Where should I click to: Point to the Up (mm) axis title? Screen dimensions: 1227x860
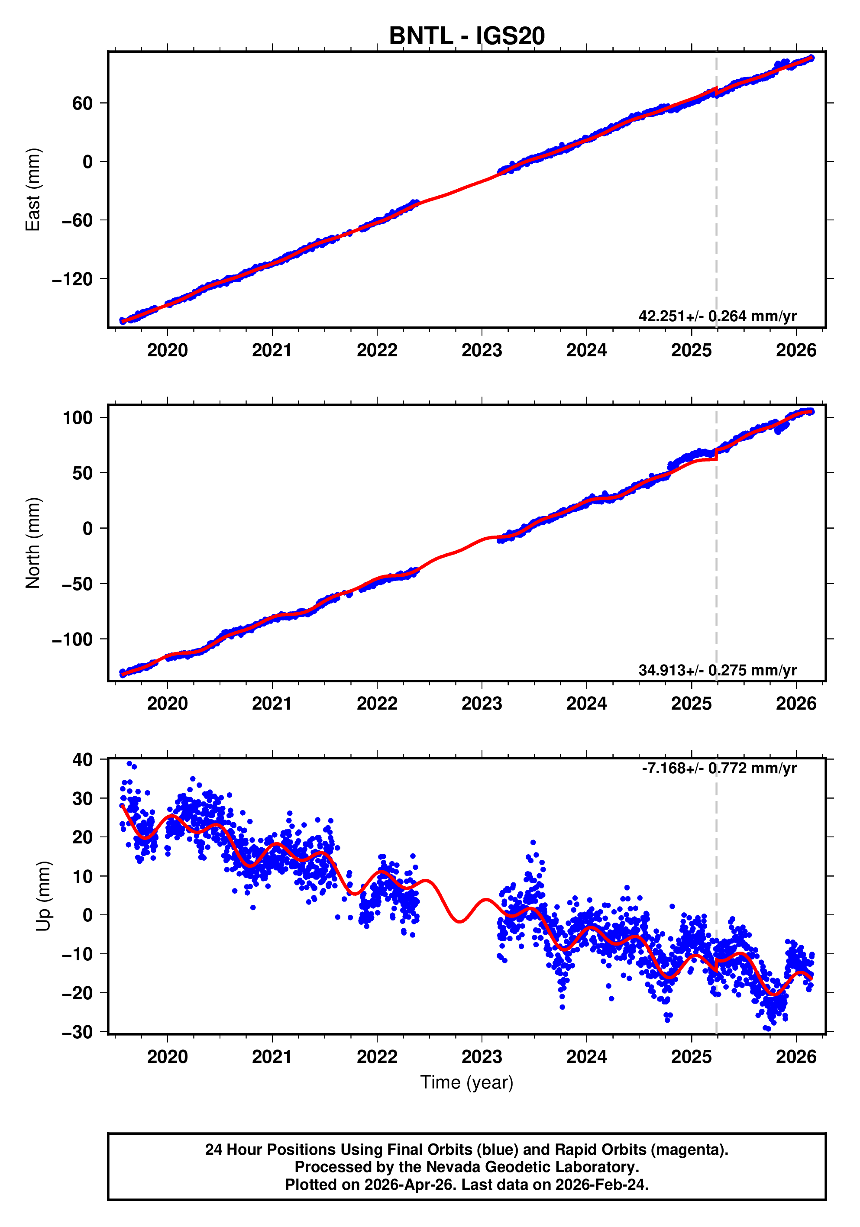(43, 896)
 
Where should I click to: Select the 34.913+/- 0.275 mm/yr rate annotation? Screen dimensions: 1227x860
(717, 670)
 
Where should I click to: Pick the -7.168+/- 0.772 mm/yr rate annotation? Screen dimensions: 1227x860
(718, 768)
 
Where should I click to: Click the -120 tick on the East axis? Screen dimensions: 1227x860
(72, 279)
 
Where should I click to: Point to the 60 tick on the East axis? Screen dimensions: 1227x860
(82, 103)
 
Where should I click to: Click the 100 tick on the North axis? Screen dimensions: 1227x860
(78, 417)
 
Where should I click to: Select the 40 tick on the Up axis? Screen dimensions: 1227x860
(82, 759)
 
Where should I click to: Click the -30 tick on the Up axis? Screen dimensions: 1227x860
(77, 1031)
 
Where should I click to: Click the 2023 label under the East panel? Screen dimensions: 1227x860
(482, 351)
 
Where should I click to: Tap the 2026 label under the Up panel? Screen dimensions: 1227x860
(796, 1056)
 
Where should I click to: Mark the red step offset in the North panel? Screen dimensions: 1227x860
(716, 455)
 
